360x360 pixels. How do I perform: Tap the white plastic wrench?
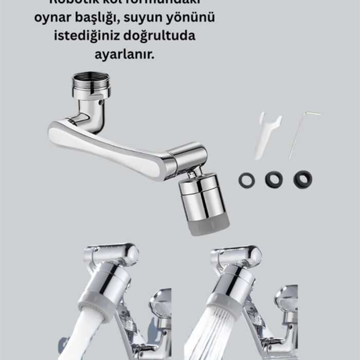click(x=266, y=134)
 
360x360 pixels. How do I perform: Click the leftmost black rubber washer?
click(x=247, y=180)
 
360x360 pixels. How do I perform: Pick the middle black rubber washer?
click(x=274, y=179)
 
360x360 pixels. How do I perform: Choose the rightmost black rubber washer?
click(x=302, y=179)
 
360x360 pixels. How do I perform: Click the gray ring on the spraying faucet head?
click(x=224, y=303)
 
